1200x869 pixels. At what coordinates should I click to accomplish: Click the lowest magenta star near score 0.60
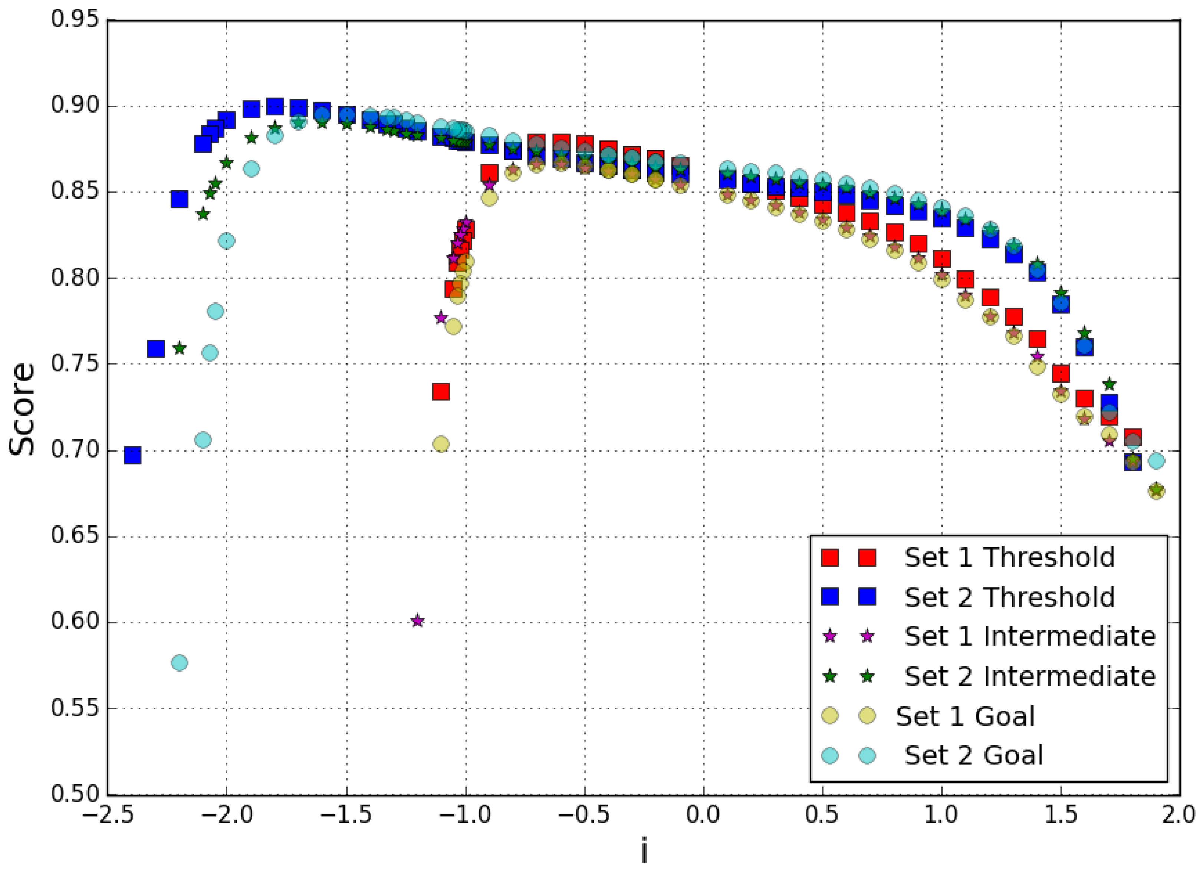(x=417, y=620)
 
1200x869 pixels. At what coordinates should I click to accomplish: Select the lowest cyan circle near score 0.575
(x=180, y=663)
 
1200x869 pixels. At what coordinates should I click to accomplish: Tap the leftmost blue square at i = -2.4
(x=132, y=455)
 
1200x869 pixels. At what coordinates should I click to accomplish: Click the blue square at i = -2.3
(x=155, y=348)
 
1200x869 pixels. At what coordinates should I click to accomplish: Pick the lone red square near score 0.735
(x=441, y=391)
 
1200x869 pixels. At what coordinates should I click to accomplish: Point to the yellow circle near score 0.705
(x=441, y=444)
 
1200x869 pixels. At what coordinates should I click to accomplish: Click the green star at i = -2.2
(x=180, y=348)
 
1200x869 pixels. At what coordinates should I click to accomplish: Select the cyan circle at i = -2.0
(x=226, y=241)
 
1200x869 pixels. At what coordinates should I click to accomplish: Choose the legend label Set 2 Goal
(x=974, y=755)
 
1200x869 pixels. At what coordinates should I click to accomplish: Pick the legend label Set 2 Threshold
(x=1010, y=597)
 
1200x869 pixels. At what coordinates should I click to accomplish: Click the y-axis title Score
(x=22, y=409)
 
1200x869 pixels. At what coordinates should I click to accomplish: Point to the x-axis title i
(x=644, y=852)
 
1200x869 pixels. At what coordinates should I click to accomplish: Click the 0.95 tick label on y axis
(x=75, y=20)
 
